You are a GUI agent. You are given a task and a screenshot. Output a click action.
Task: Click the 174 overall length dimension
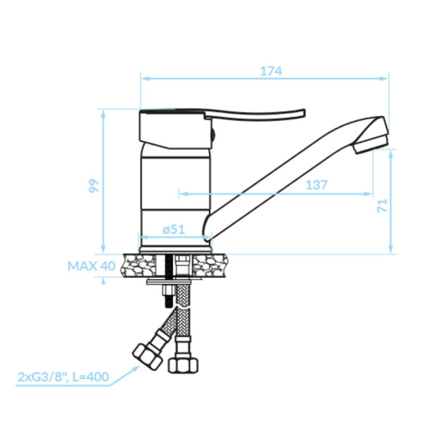(271, 71)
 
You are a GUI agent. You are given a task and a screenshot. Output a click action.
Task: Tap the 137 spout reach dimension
(316, 185)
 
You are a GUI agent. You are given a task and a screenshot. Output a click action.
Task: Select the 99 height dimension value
(94, 186)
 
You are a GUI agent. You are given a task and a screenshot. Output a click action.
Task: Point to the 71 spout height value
(383, 205)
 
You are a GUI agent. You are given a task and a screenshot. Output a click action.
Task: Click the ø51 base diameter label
(174, 229)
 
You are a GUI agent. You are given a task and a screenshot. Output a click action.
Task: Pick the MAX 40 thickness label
(91, 266)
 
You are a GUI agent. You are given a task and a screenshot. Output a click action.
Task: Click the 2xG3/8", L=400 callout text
(63, 377)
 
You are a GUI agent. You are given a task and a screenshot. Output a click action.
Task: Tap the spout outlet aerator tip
(371, 144)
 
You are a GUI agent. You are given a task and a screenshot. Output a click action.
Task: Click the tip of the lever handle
(304, 113)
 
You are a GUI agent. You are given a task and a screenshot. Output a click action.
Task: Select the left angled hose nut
(147, 357)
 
